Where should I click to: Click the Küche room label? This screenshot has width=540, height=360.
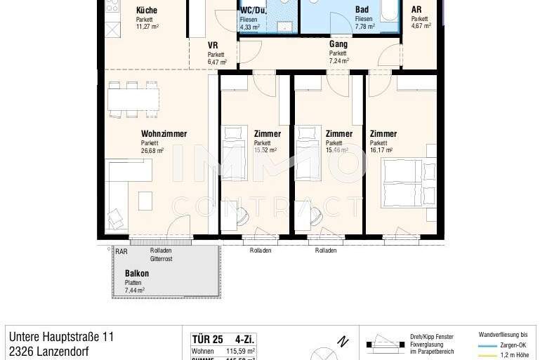point(147,11)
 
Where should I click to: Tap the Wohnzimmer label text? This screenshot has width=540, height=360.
point(164,133)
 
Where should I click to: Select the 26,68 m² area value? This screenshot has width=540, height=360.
point(152,150)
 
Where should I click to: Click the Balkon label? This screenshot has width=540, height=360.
point(136,273)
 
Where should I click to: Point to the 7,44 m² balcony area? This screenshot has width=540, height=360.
point(135,290)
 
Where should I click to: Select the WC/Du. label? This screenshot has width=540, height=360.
point(253,11)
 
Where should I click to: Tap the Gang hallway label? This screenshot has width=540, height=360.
point(338,44)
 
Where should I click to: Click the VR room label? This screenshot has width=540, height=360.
point(213,46)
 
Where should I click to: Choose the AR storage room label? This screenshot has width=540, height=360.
point(416,11)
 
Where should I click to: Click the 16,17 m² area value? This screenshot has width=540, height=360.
point(381,150)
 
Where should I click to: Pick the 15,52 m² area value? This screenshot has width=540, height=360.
point(265,150)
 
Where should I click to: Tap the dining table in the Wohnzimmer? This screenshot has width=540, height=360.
point(133,100)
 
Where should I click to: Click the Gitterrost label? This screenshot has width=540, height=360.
point(161,259)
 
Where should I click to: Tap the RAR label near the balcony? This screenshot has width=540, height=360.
point(121,251)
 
